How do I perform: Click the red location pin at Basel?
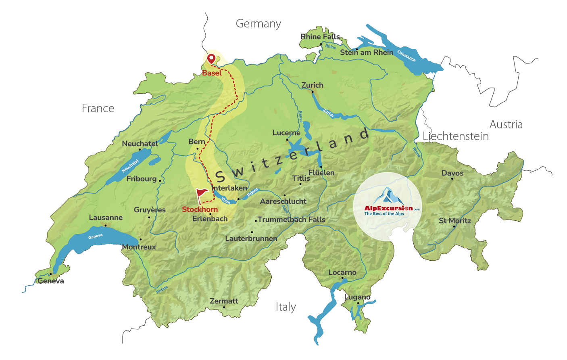[211, 59]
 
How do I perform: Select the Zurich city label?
[312, 85]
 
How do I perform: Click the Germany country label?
[258, 24]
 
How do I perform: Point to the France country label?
[98, 108]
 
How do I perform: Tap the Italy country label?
[286, 307]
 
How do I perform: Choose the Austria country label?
[506, 124]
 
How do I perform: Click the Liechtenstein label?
[455, 136]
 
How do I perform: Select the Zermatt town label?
[224, 301]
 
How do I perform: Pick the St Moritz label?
[454, 221]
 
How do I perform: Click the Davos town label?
[452, 173]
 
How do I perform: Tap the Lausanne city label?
[106, 218]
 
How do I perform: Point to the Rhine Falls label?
[320, 37]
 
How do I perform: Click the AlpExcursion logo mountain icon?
[388, 196]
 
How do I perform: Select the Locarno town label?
[342, 272]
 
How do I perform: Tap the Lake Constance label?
[406, 56]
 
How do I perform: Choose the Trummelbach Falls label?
[291, 220]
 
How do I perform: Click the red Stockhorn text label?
[200, 209]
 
